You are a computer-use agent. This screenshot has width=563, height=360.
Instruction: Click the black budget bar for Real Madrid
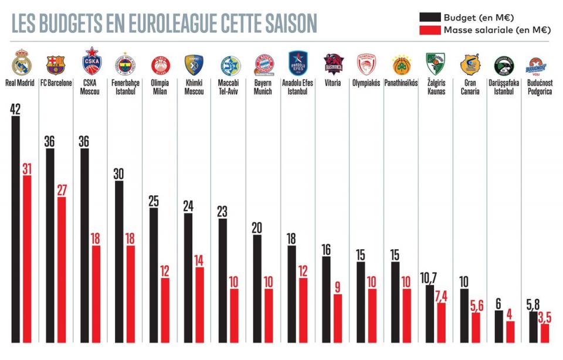tap(15, 229)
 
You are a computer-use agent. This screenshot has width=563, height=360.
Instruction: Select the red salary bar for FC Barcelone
tap(61, 270)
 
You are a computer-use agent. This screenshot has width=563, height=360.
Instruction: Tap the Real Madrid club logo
tap(22, 62)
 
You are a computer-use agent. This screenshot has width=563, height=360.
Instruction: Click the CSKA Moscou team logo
tap(91, 60)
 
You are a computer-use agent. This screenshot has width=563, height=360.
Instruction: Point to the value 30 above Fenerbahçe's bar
tap(119, 173)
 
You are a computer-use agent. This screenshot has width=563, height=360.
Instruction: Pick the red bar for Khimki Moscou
tap(199, 304)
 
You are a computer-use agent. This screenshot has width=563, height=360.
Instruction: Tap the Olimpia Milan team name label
tap(160, 87)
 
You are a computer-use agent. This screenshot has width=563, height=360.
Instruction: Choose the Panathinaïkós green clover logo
tap(401, 63)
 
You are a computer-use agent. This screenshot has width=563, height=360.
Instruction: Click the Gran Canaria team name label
tap(470, 87)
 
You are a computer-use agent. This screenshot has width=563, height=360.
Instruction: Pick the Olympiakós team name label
tap(367, 83)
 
